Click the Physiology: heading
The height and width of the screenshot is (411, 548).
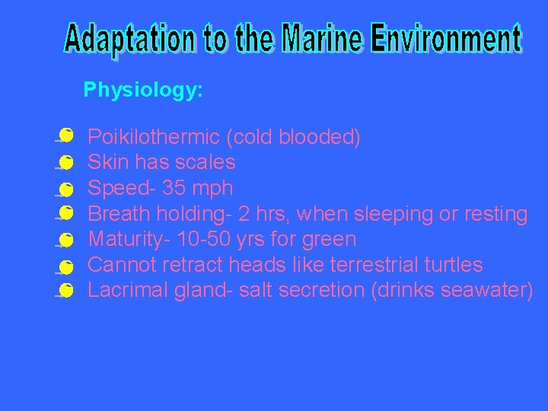(x=143, y=91)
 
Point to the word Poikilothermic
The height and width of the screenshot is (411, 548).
(x=154, y=138)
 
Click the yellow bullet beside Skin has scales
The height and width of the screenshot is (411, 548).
(x=66, y=162)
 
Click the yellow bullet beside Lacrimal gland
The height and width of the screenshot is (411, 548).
(x=66, y=290)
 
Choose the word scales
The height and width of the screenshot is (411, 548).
(x=207, y=162)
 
